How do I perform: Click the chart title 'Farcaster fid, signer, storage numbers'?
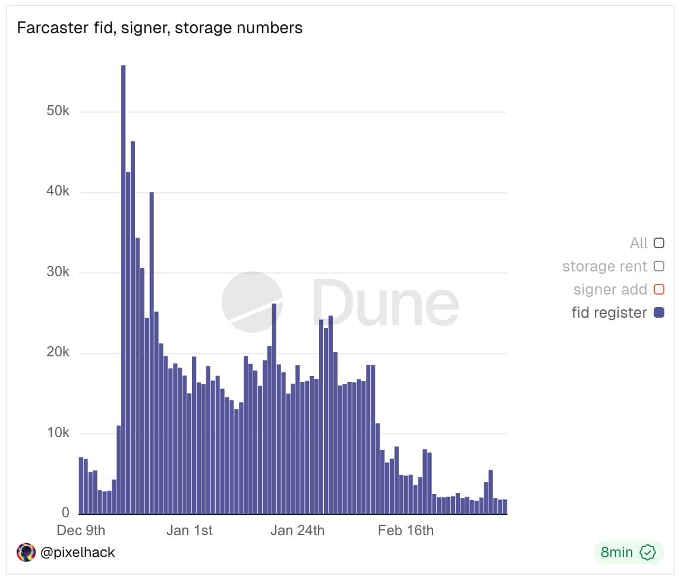tap(159, 28)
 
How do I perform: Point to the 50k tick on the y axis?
tap(58, 112)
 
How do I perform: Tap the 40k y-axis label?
tap(58, 192)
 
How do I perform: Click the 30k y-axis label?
tap(58, 273)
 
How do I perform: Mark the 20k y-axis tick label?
tap(58, 353)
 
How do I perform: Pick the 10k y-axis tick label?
tap(58, 433)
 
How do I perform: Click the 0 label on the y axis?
tap(66, 513)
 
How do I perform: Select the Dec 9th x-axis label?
tap(81, 530)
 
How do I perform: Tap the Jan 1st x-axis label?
tap(189, 530)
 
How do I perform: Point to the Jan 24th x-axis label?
tap(297, 530)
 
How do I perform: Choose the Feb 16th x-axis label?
tap(406, 530)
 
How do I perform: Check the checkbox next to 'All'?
tap(658, 243)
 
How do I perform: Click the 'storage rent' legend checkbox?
tap(658, 267)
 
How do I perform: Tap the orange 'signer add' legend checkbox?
tap(658, 290)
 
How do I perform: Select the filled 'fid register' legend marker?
tap(658, 312)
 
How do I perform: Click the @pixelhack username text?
tap(77, 552)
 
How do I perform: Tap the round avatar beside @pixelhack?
tap(26, 552)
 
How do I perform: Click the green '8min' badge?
tap(628, 552)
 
